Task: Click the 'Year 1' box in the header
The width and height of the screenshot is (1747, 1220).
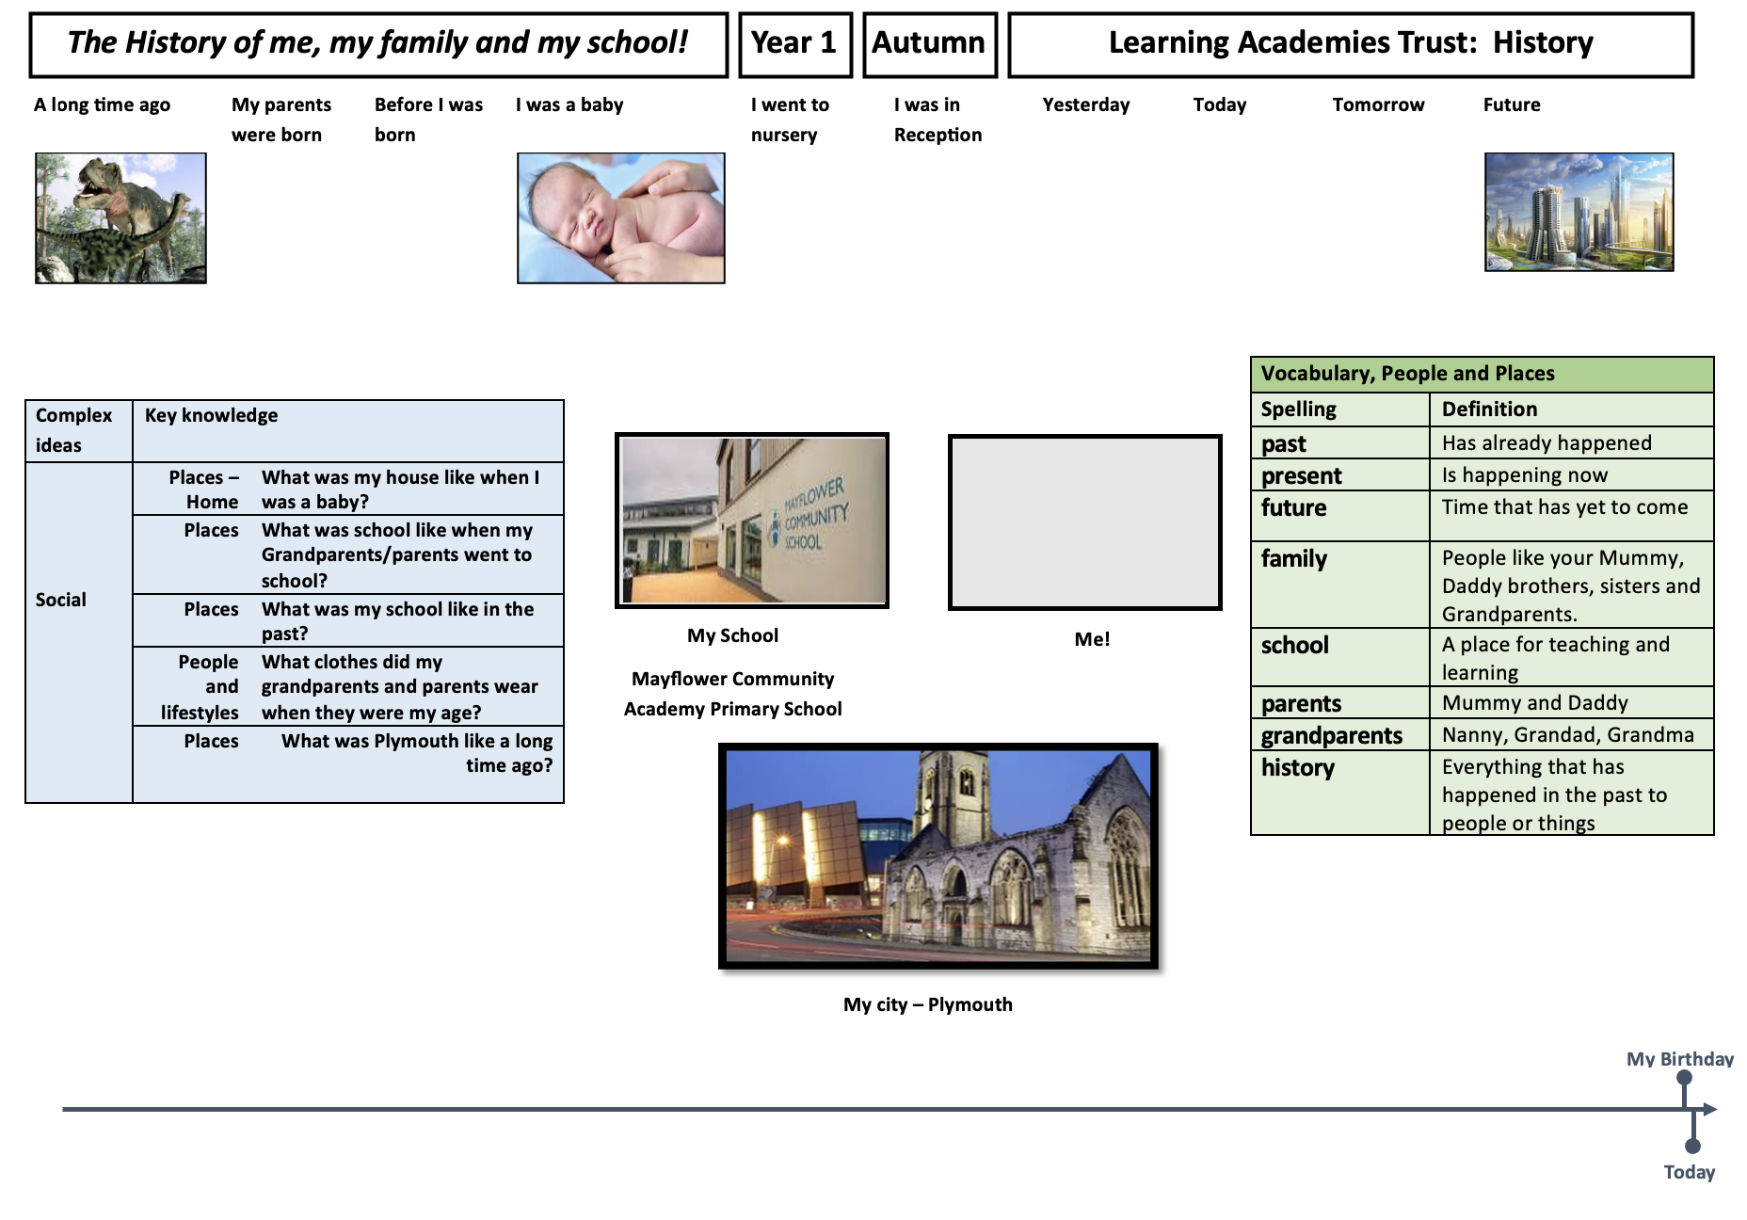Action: pos(795,44)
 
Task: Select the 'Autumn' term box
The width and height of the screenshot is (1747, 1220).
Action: pos(929,44)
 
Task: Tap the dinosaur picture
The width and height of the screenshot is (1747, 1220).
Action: pos(120,217)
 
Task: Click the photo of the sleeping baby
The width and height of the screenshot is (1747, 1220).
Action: pos(621,217)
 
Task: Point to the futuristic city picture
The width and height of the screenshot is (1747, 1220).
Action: pos(1579,212)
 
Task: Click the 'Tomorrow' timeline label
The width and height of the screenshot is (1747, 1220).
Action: pos(1378,104)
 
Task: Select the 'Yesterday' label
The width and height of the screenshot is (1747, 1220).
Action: pos(1086,104)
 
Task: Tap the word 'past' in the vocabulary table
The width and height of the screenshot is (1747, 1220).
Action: pos(1284,443)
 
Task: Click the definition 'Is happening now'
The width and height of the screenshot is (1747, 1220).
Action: pos(1525,474)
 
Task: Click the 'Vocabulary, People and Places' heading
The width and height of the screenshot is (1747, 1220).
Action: pos(1408,373)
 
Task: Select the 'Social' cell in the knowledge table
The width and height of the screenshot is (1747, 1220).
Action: pos(61,600)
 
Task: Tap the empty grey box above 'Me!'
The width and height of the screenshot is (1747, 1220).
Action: pos(1085,522)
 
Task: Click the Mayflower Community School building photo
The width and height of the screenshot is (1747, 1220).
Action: pos(752,521)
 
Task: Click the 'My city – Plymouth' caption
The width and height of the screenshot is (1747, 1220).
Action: pos(928,1004)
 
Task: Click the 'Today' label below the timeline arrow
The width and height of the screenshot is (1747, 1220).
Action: pos(1690,1173)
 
